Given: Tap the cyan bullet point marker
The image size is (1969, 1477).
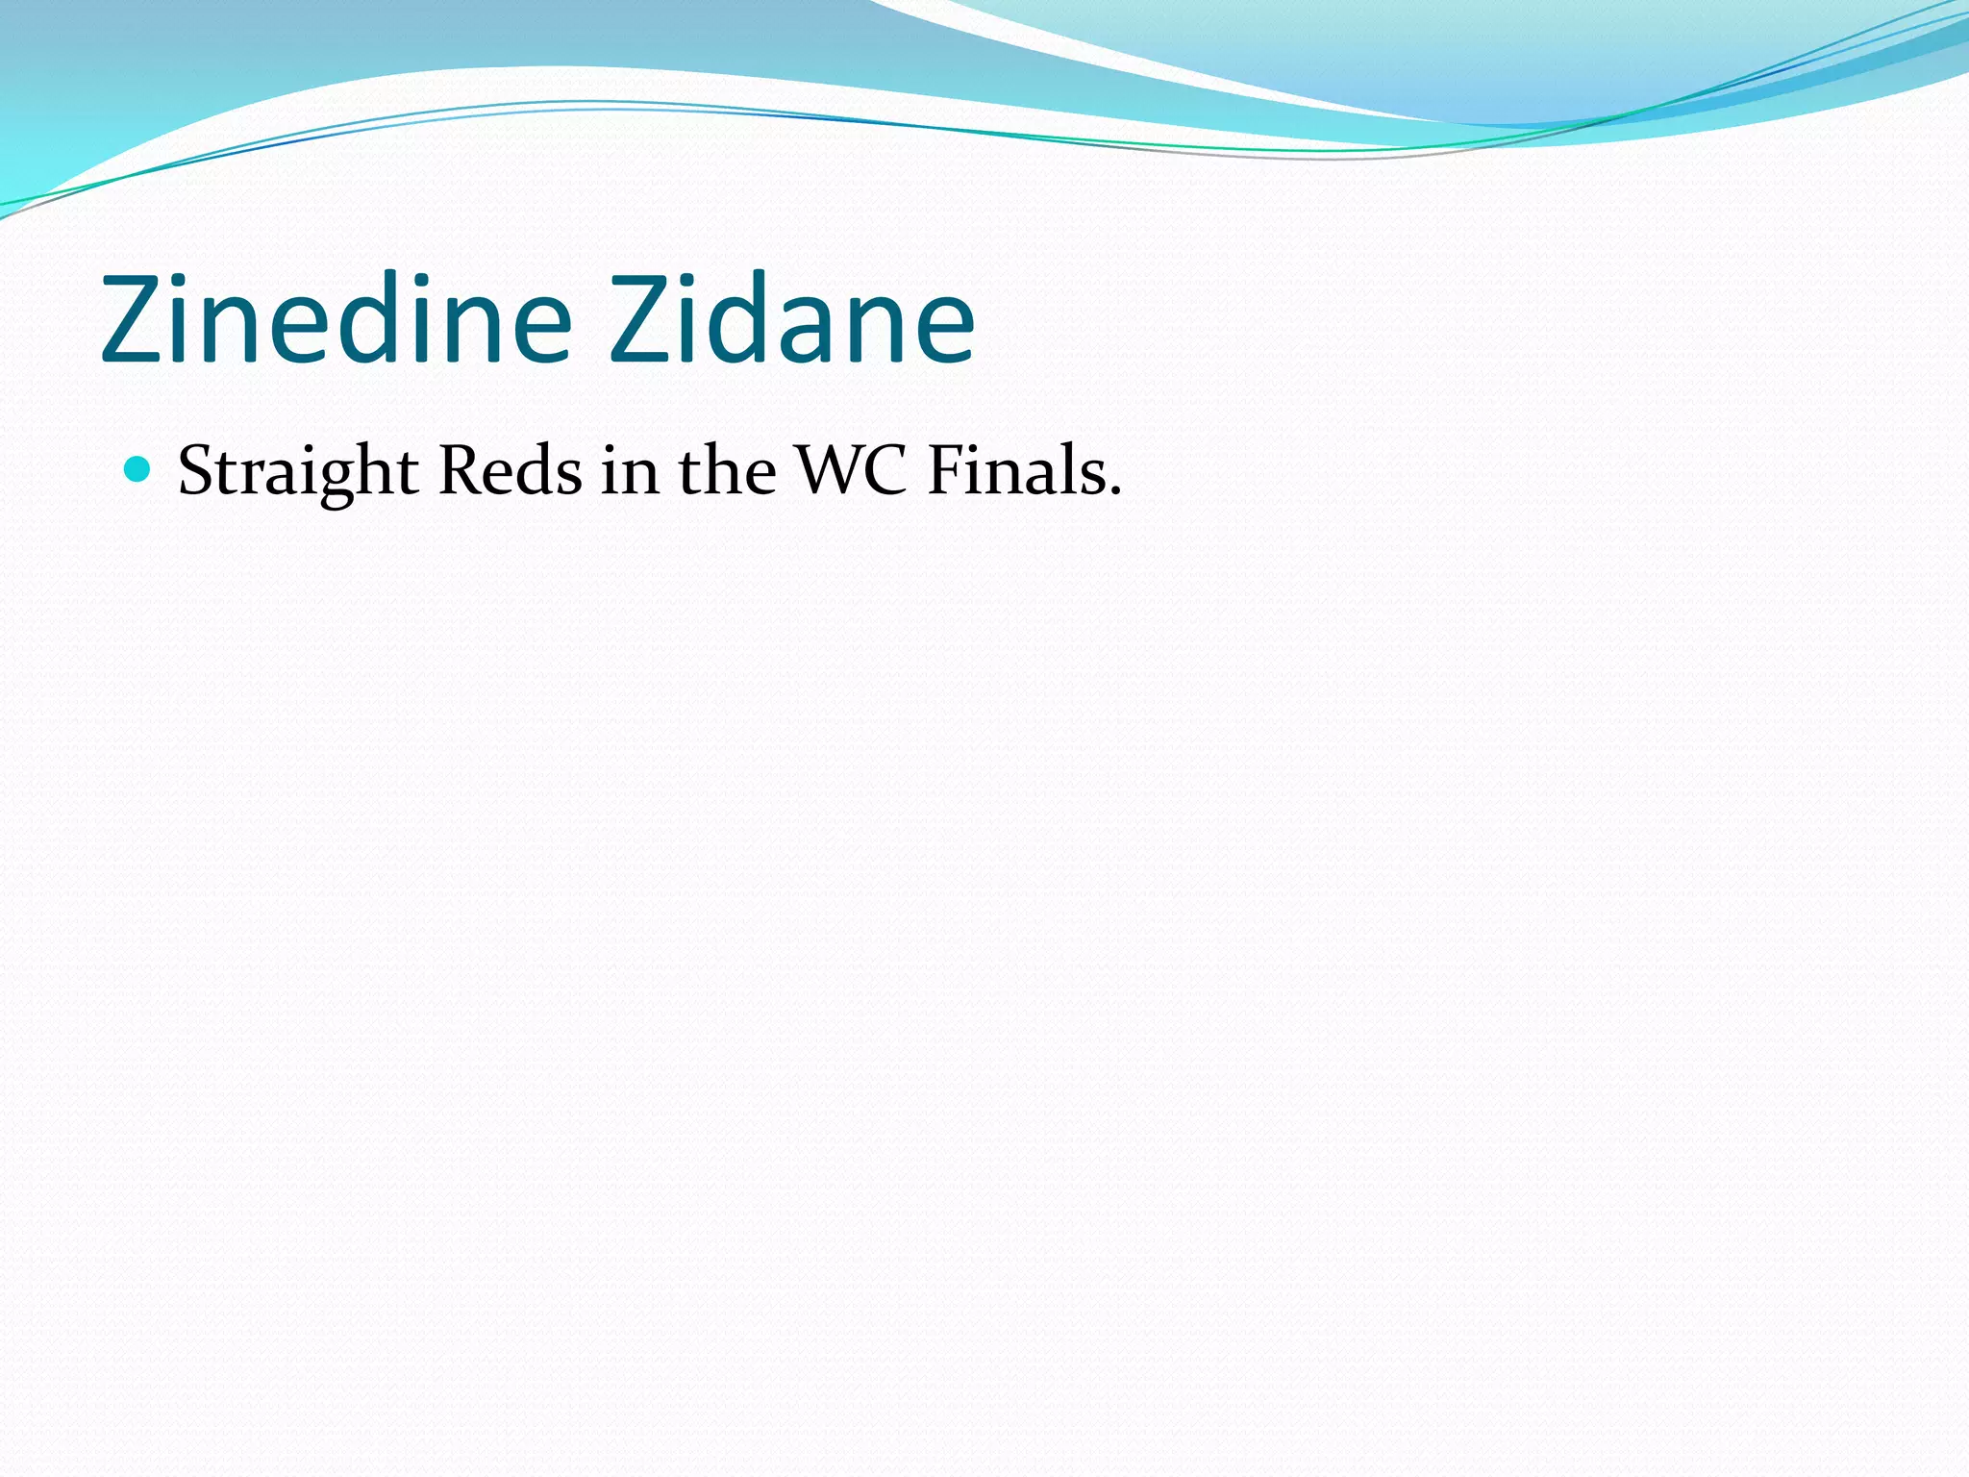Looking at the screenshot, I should (138, 469).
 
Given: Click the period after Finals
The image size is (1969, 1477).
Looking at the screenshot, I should (1115, 492).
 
